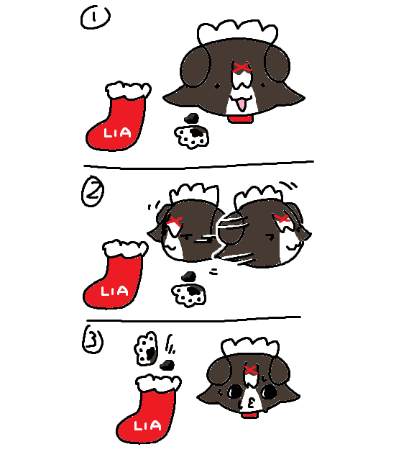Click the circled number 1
click(96, 17)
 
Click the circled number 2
click(93, 191)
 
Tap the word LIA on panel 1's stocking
click(117, 133)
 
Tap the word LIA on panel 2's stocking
click(114, 291)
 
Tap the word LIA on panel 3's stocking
click(147, 426)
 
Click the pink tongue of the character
click(242, 105)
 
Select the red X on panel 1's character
click(242, 68)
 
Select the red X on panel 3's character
click(251, 370)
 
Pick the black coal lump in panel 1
click(191, 118)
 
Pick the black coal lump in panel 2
click(189, 277)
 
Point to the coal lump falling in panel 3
click(167, 365)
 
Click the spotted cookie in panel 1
click(191, 136)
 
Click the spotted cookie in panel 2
click(189, 295)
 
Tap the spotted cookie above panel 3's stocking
click(147, 348)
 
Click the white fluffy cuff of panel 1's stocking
click(128, 90)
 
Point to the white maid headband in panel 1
click(237, 31)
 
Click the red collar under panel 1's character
click(241, 119)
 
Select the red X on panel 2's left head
click(175, 221)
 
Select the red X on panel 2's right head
click(282, 218)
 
